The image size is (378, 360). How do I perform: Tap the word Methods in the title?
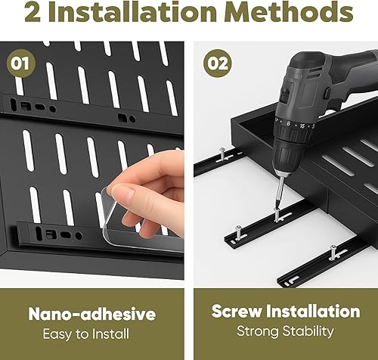point(289,11)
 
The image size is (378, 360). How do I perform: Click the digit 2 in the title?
point(33,12)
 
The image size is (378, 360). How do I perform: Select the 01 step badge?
point(21,63)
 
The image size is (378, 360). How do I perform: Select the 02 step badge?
point(218,63)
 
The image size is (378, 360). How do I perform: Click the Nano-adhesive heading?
point(92,314)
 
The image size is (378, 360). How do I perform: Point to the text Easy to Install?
point(86,334)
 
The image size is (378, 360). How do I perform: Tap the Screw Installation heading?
point(286,311)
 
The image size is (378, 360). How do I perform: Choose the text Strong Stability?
point(285,331)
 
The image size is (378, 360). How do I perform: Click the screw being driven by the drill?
point(277,214)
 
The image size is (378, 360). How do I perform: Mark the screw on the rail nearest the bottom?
point(334,252)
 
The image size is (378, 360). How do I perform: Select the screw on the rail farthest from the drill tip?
point(222,154)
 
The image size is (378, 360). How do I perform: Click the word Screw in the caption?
point(237,312)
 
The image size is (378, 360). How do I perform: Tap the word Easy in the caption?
point(57,334)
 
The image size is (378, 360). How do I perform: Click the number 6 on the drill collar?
point(288,123)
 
